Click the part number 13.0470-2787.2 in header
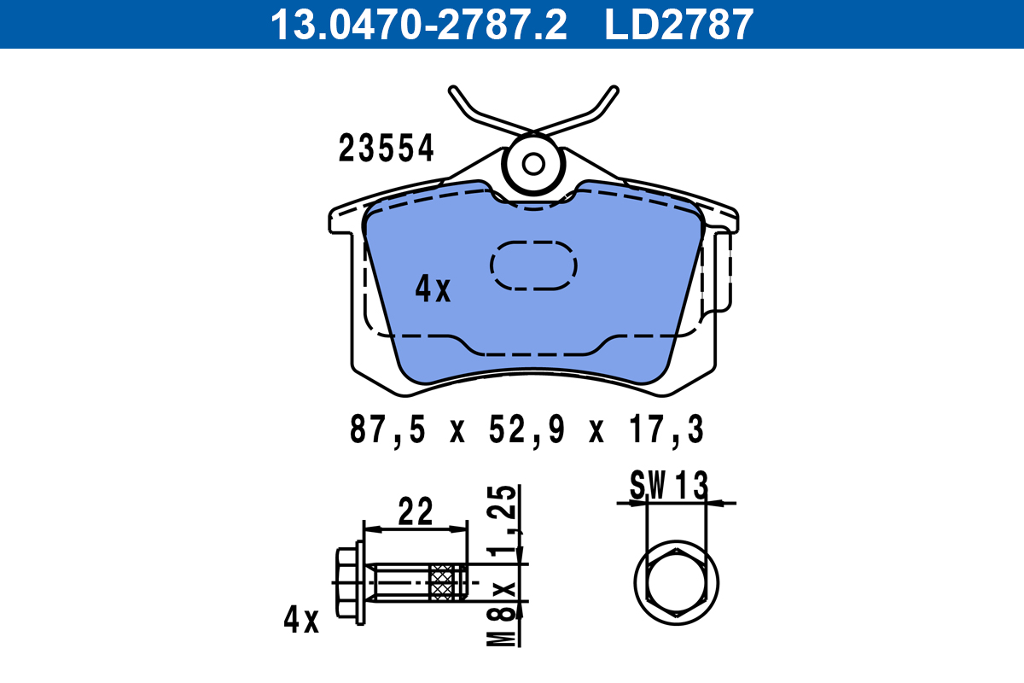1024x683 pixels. pyautogui.click(x=418, y=24)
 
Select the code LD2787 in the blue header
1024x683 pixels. pyautogui.click(x=679, y=24)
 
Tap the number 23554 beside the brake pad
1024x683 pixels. pyautogui.click(x=387, y=149)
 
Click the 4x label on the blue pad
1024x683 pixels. pyautogui.click(x=432, y=290)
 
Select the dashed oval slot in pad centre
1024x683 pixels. pyautogui.click(x=534, y=265)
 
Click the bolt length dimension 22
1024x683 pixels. pyautogui.click(x=416, y=512)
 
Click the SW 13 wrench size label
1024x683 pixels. pyautogui.click(x=669, y=486)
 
